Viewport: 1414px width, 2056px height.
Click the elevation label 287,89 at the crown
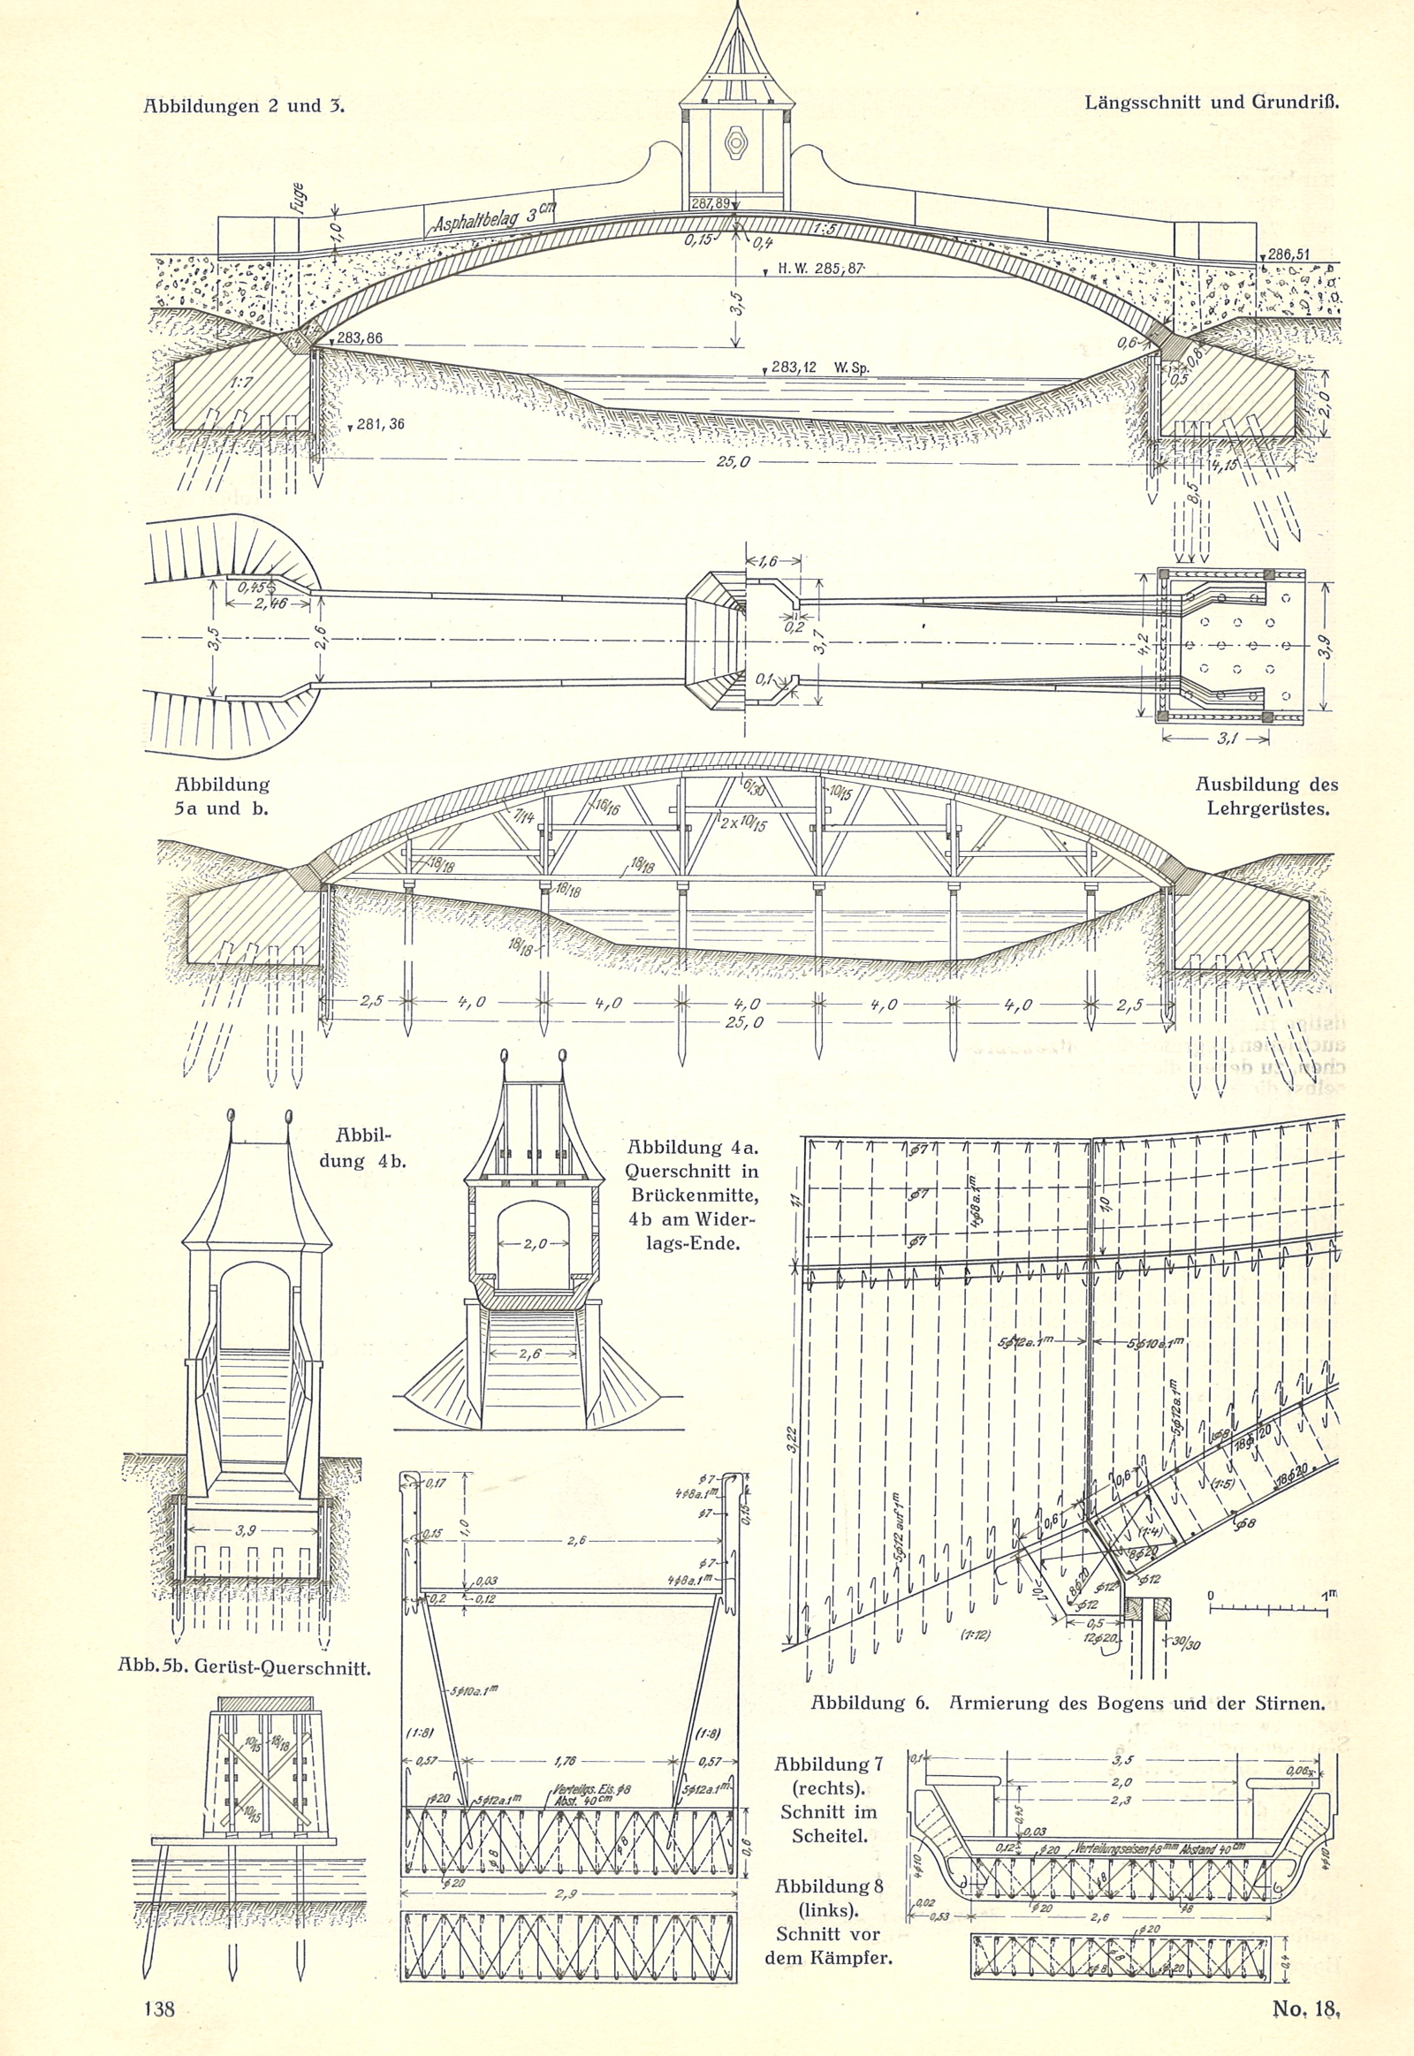click(711, 204)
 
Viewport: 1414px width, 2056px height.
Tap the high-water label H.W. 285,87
click(819, 269)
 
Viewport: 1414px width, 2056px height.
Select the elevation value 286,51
click(1289, 254)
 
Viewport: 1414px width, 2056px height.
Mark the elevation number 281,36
click(380, 424)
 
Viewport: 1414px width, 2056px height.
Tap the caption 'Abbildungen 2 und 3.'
click(244, 106)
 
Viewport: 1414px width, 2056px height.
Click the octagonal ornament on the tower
click(735, 141)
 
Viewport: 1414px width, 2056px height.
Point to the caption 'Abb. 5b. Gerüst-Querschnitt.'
click(245, 1666)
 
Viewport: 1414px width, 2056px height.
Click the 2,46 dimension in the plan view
click(251, 604)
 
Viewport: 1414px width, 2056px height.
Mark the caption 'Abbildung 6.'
click(869, 1703)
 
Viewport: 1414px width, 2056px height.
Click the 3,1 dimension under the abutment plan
click(1227, 740)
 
